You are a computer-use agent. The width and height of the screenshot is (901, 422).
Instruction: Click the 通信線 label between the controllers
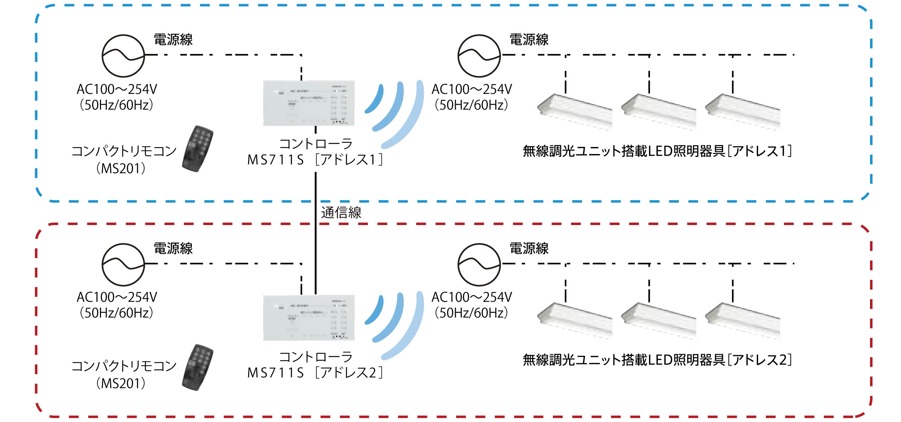[x=341, y=213]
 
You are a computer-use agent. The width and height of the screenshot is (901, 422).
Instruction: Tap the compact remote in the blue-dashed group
[x=198, y=148]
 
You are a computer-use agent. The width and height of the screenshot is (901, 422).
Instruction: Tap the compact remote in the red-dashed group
[x=198, y=367]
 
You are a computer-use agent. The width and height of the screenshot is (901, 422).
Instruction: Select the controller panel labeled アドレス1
[x=309, y=103]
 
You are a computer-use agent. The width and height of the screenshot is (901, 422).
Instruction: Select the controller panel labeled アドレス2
[x=309, y=318]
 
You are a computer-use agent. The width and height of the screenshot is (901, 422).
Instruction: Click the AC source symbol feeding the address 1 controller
[x=123, y=56]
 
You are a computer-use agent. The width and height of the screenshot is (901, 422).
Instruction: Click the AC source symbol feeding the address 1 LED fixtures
[x=479, y=56]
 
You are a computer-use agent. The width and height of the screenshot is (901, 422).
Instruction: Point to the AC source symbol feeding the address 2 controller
[x=123, y=264]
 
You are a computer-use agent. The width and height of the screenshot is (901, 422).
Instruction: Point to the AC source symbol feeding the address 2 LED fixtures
[x=479, y=264]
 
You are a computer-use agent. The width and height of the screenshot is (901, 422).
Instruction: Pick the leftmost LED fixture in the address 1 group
[x=575, y=112]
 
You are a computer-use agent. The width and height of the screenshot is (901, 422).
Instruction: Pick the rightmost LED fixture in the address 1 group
[x=743, y=112]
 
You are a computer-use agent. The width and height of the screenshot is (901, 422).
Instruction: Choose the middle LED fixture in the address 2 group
[x=659, y=321]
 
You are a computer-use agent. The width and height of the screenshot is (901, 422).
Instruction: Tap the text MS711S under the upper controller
[x=275, y=160]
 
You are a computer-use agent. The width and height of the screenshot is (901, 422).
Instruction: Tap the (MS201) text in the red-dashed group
[x=121, y=383]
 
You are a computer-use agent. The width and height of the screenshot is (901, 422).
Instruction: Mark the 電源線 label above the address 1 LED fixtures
[x=529, y=40]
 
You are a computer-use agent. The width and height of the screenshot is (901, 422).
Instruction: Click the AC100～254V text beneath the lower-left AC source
[x=117, y=298]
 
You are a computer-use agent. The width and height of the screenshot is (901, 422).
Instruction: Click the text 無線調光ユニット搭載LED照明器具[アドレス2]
[x=657, y=360]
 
